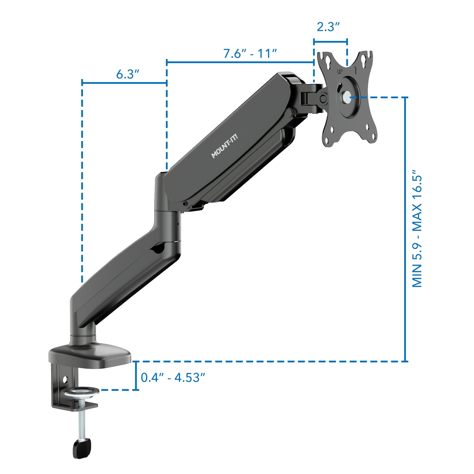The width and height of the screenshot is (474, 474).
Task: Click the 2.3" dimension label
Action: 328,27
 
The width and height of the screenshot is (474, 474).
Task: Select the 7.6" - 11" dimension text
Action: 250,53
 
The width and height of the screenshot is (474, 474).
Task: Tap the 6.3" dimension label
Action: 127,74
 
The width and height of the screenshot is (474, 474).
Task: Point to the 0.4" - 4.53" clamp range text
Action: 173,378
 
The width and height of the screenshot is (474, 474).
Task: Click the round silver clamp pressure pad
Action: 81,392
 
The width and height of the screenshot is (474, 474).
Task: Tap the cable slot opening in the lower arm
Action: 159,248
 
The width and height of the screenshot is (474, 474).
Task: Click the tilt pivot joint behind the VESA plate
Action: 322,99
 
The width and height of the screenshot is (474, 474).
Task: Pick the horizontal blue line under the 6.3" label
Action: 124,83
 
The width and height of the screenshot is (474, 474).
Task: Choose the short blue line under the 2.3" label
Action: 330,41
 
